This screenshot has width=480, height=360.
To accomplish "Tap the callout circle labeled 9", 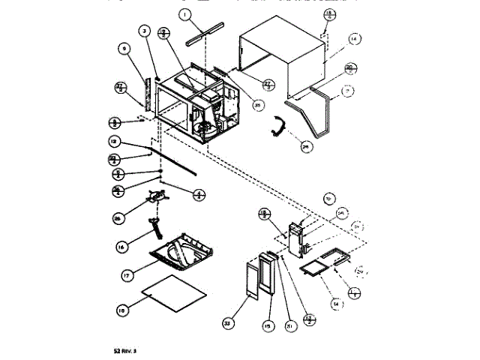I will click(125, 51).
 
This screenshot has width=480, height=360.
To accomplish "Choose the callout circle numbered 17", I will click(128, 275).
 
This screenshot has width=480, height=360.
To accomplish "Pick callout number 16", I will click(122, 245).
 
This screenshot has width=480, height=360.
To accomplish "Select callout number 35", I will click(258, 105).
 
